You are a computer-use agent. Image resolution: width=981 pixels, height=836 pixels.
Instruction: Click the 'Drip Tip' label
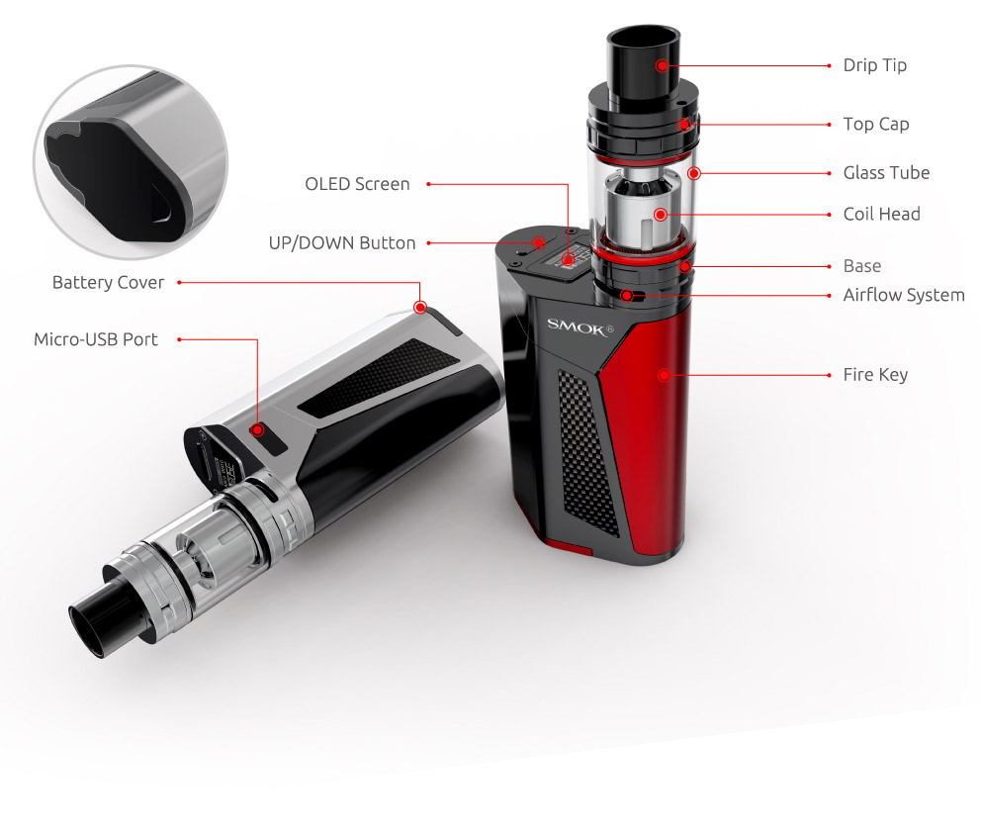[x=874, y=65]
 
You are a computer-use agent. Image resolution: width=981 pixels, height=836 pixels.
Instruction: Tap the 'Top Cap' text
[x=875, y=124]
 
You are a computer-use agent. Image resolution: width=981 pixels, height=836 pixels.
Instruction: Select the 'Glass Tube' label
[x=886, y=172]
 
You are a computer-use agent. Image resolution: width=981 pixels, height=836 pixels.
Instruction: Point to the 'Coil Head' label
[x=881, y=214]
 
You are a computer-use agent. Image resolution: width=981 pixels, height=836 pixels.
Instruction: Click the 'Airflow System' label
[x=903, y=295]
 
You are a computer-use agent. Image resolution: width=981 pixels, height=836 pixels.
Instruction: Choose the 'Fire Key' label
[x=874, y=375]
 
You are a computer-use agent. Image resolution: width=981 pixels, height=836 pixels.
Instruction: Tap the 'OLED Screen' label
[x=357, y=184]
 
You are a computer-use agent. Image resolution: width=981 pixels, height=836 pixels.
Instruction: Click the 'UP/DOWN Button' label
[x=342, y=242]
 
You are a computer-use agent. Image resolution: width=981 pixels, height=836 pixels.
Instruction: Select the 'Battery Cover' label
[x=108, y=283]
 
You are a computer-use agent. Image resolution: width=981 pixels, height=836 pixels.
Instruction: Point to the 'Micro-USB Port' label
[x=96, y=339]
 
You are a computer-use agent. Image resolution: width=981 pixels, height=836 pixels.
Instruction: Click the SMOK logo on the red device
[x=581, y=325]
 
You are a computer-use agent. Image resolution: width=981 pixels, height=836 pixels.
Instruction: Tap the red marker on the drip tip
[x=662, y=65]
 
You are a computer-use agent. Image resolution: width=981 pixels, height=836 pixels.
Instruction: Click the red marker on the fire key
[x=664, y=375]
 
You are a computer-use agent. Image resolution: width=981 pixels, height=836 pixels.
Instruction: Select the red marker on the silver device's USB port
[x=257, y=429]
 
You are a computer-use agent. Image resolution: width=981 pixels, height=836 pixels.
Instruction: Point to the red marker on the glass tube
[x=694, y=173]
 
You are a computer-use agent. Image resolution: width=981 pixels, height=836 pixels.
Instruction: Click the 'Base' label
[x=861, y=266]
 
